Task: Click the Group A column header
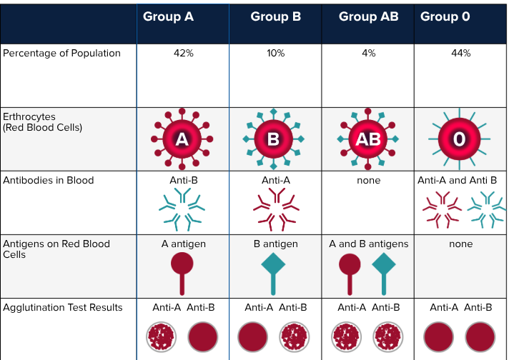coord(168,17)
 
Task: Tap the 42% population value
coord(184,54)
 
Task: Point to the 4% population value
coord(368,54)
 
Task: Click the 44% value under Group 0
coord(461,54)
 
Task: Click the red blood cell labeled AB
coord(367,139)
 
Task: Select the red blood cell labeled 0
coord(459,139)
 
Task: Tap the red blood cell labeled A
coord(182,139)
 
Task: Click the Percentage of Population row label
coord(61,54)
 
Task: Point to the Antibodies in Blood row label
coord(49,180)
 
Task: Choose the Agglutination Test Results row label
coord(63,308)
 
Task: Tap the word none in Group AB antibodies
coord(368,181)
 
